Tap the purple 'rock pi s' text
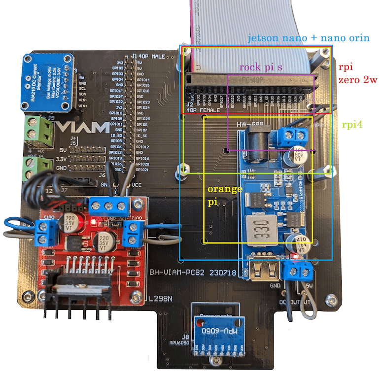click(x=261, y=68)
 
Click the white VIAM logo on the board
click(x=82, y=128)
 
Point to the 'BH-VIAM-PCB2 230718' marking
click(x=193, y=273)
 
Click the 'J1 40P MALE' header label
click(x=148, y=57)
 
